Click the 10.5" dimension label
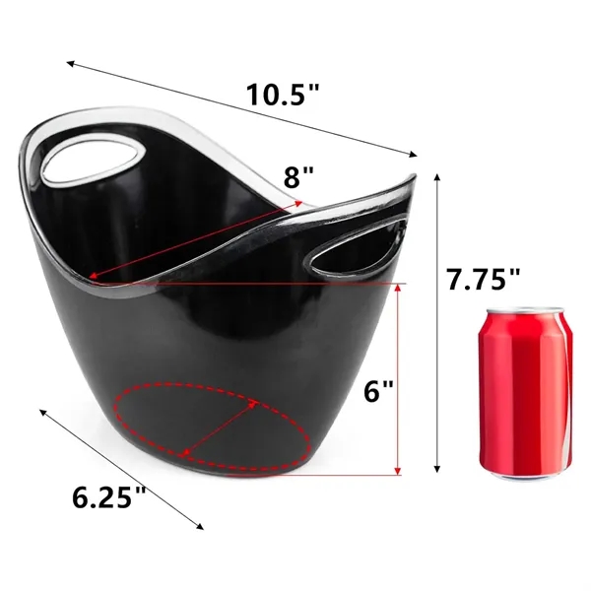click(283, 96)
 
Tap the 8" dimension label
click(298, 177)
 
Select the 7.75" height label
click(482, 279)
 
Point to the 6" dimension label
click(377, 391)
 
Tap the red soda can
click(527, 394)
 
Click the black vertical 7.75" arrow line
click(437, 325)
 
